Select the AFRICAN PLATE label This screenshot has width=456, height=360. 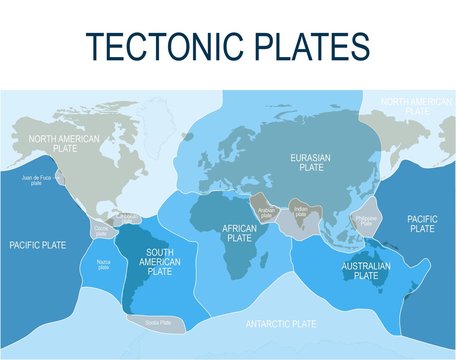pyautogui.click(x=239, y=233)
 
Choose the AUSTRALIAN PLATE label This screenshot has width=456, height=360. pyautogui.click(x=366, y=270)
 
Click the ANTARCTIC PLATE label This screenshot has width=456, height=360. pyautogui.click(x=280, y=324)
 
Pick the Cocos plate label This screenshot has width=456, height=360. pyautogui.click(x=101, y=229)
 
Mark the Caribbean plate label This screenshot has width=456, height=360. pyautogui.click(x=128, y=216)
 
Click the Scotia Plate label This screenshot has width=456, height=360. pyautogui.click(x=158, y=323)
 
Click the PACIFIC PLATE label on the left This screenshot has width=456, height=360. pyautogui.click(x=38, y=243)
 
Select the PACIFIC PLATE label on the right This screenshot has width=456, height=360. pyautogui.click(x=421, y=222)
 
